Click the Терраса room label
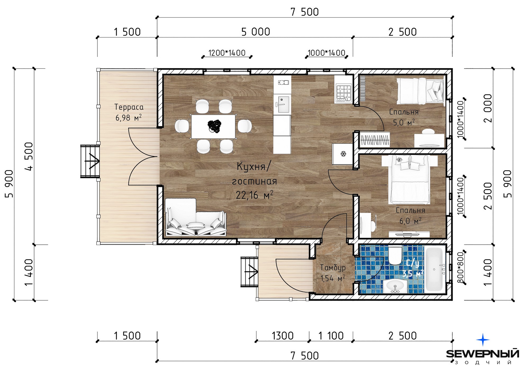tap(129, 107)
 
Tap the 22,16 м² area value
tap(254, 195)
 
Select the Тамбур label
tap(333, 268)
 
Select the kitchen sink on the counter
tap(282, 104)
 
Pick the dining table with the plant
tap(213, 126)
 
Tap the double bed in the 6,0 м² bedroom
tap(409, 180)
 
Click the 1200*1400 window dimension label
tap(227, 53)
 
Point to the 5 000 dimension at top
tap(255, 32)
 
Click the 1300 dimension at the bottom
tap(283, 336)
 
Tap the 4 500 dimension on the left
tap(29, 156)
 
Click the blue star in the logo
tap(483, 340)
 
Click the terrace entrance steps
tap(90, 161)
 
